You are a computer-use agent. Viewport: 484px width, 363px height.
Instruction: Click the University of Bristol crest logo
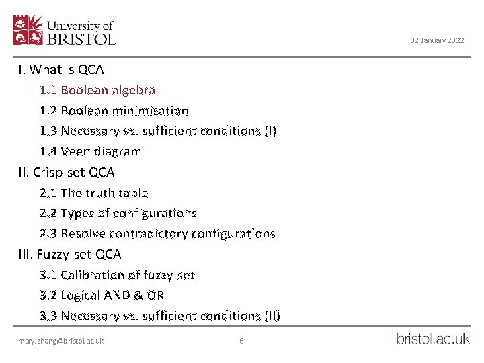tap(29, 30)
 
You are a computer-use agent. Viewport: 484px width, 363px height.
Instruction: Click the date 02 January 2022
tap(437, 41)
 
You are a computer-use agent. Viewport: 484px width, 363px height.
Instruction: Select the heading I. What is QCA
tap(61, 69)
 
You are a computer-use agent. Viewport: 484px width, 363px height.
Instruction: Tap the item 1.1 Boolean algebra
tap(97, 90)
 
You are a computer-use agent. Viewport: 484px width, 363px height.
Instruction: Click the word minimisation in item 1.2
tap(156, 110)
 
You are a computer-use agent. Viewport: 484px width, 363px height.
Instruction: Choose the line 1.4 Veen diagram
tap(90, 151)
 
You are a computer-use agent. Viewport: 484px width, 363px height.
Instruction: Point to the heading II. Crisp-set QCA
tap(67, 172)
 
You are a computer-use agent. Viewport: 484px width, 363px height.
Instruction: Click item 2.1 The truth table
tap(93, 193)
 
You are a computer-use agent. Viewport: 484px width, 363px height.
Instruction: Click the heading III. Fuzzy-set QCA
tap(70, 254)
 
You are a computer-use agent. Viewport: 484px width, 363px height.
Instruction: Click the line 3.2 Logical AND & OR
tap(102, 295)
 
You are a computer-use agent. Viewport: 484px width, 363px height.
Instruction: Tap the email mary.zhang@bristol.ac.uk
tap(61, 341)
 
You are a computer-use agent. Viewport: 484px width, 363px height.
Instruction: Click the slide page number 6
tap(241, 341)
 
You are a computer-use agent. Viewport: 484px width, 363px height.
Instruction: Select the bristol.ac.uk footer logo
tap(433, 339)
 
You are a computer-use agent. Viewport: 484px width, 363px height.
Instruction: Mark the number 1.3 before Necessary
tap(48, 131)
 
